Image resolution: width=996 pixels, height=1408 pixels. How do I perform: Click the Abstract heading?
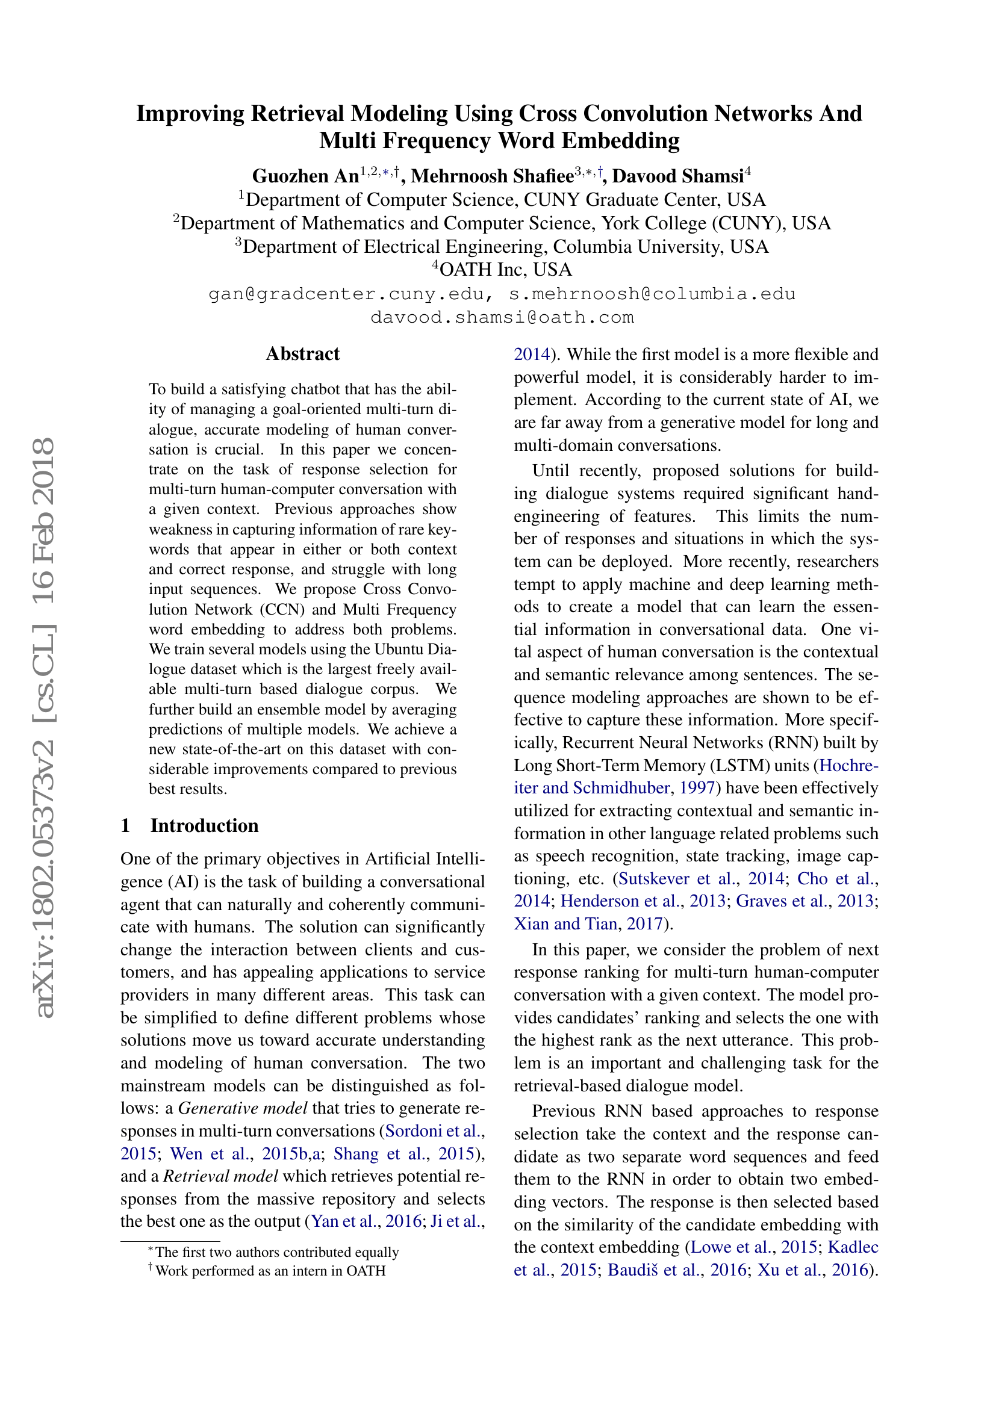(302, 354)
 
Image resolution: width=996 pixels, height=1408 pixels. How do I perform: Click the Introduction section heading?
(204, 825)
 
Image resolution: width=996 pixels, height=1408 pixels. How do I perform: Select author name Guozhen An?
(305, 176)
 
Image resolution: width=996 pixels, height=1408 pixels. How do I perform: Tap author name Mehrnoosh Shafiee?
(492, 176)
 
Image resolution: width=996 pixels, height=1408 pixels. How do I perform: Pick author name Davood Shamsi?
(677, 176)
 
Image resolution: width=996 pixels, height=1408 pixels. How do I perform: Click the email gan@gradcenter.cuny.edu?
(351, 294)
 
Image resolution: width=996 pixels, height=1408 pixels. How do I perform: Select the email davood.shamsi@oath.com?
(502, 318)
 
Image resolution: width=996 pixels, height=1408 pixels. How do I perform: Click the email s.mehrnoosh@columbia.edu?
(652, 294)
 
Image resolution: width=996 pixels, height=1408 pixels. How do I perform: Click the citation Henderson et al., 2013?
(642, 901)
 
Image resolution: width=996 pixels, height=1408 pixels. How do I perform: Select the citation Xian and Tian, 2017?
(588, 923)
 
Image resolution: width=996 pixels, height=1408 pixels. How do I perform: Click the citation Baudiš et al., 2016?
(676, 1270)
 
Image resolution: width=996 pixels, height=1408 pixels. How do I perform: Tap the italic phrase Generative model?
(242, 1108)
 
